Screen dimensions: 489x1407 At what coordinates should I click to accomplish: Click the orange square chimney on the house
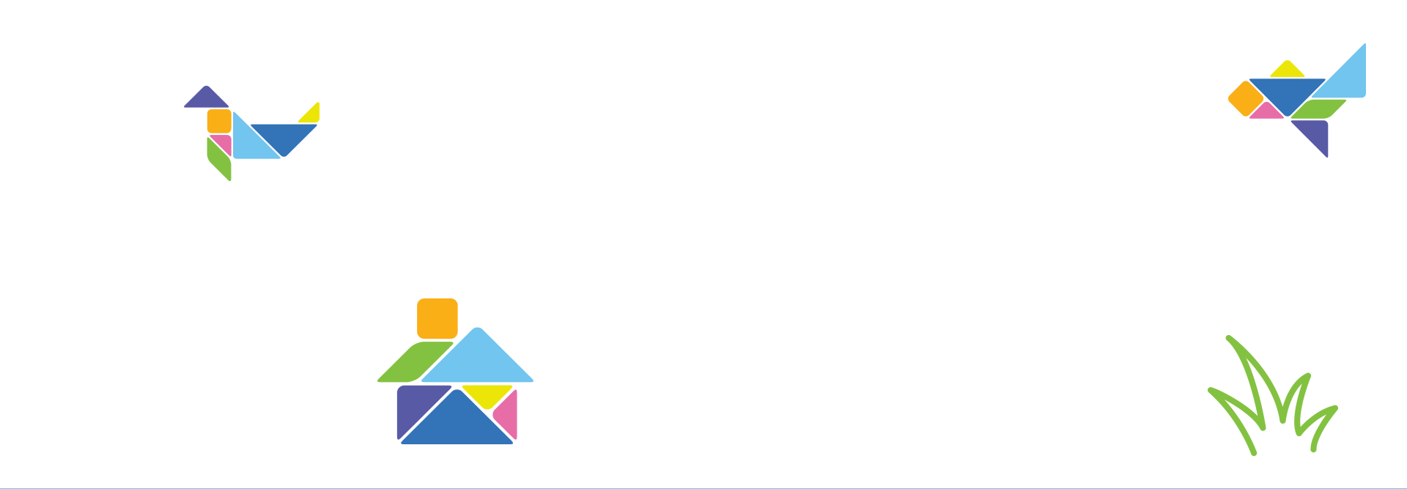point(437,319)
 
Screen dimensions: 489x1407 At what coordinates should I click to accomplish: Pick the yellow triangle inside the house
point(487,394)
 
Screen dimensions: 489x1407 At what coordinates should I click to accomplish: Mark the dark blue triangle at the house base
point(457,424)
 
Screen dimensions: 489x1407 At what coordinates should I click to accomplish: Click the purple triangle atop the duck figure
point(207,98)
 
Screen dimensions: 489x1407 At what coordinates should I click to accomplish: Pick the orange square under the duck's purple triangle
point(218,121)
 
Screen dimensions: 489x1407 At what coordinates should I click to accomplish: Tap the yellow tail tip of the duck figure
point(311,114)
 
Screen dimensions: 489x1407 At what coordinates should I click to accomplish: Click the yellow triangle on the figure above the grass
point(1286,71)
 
